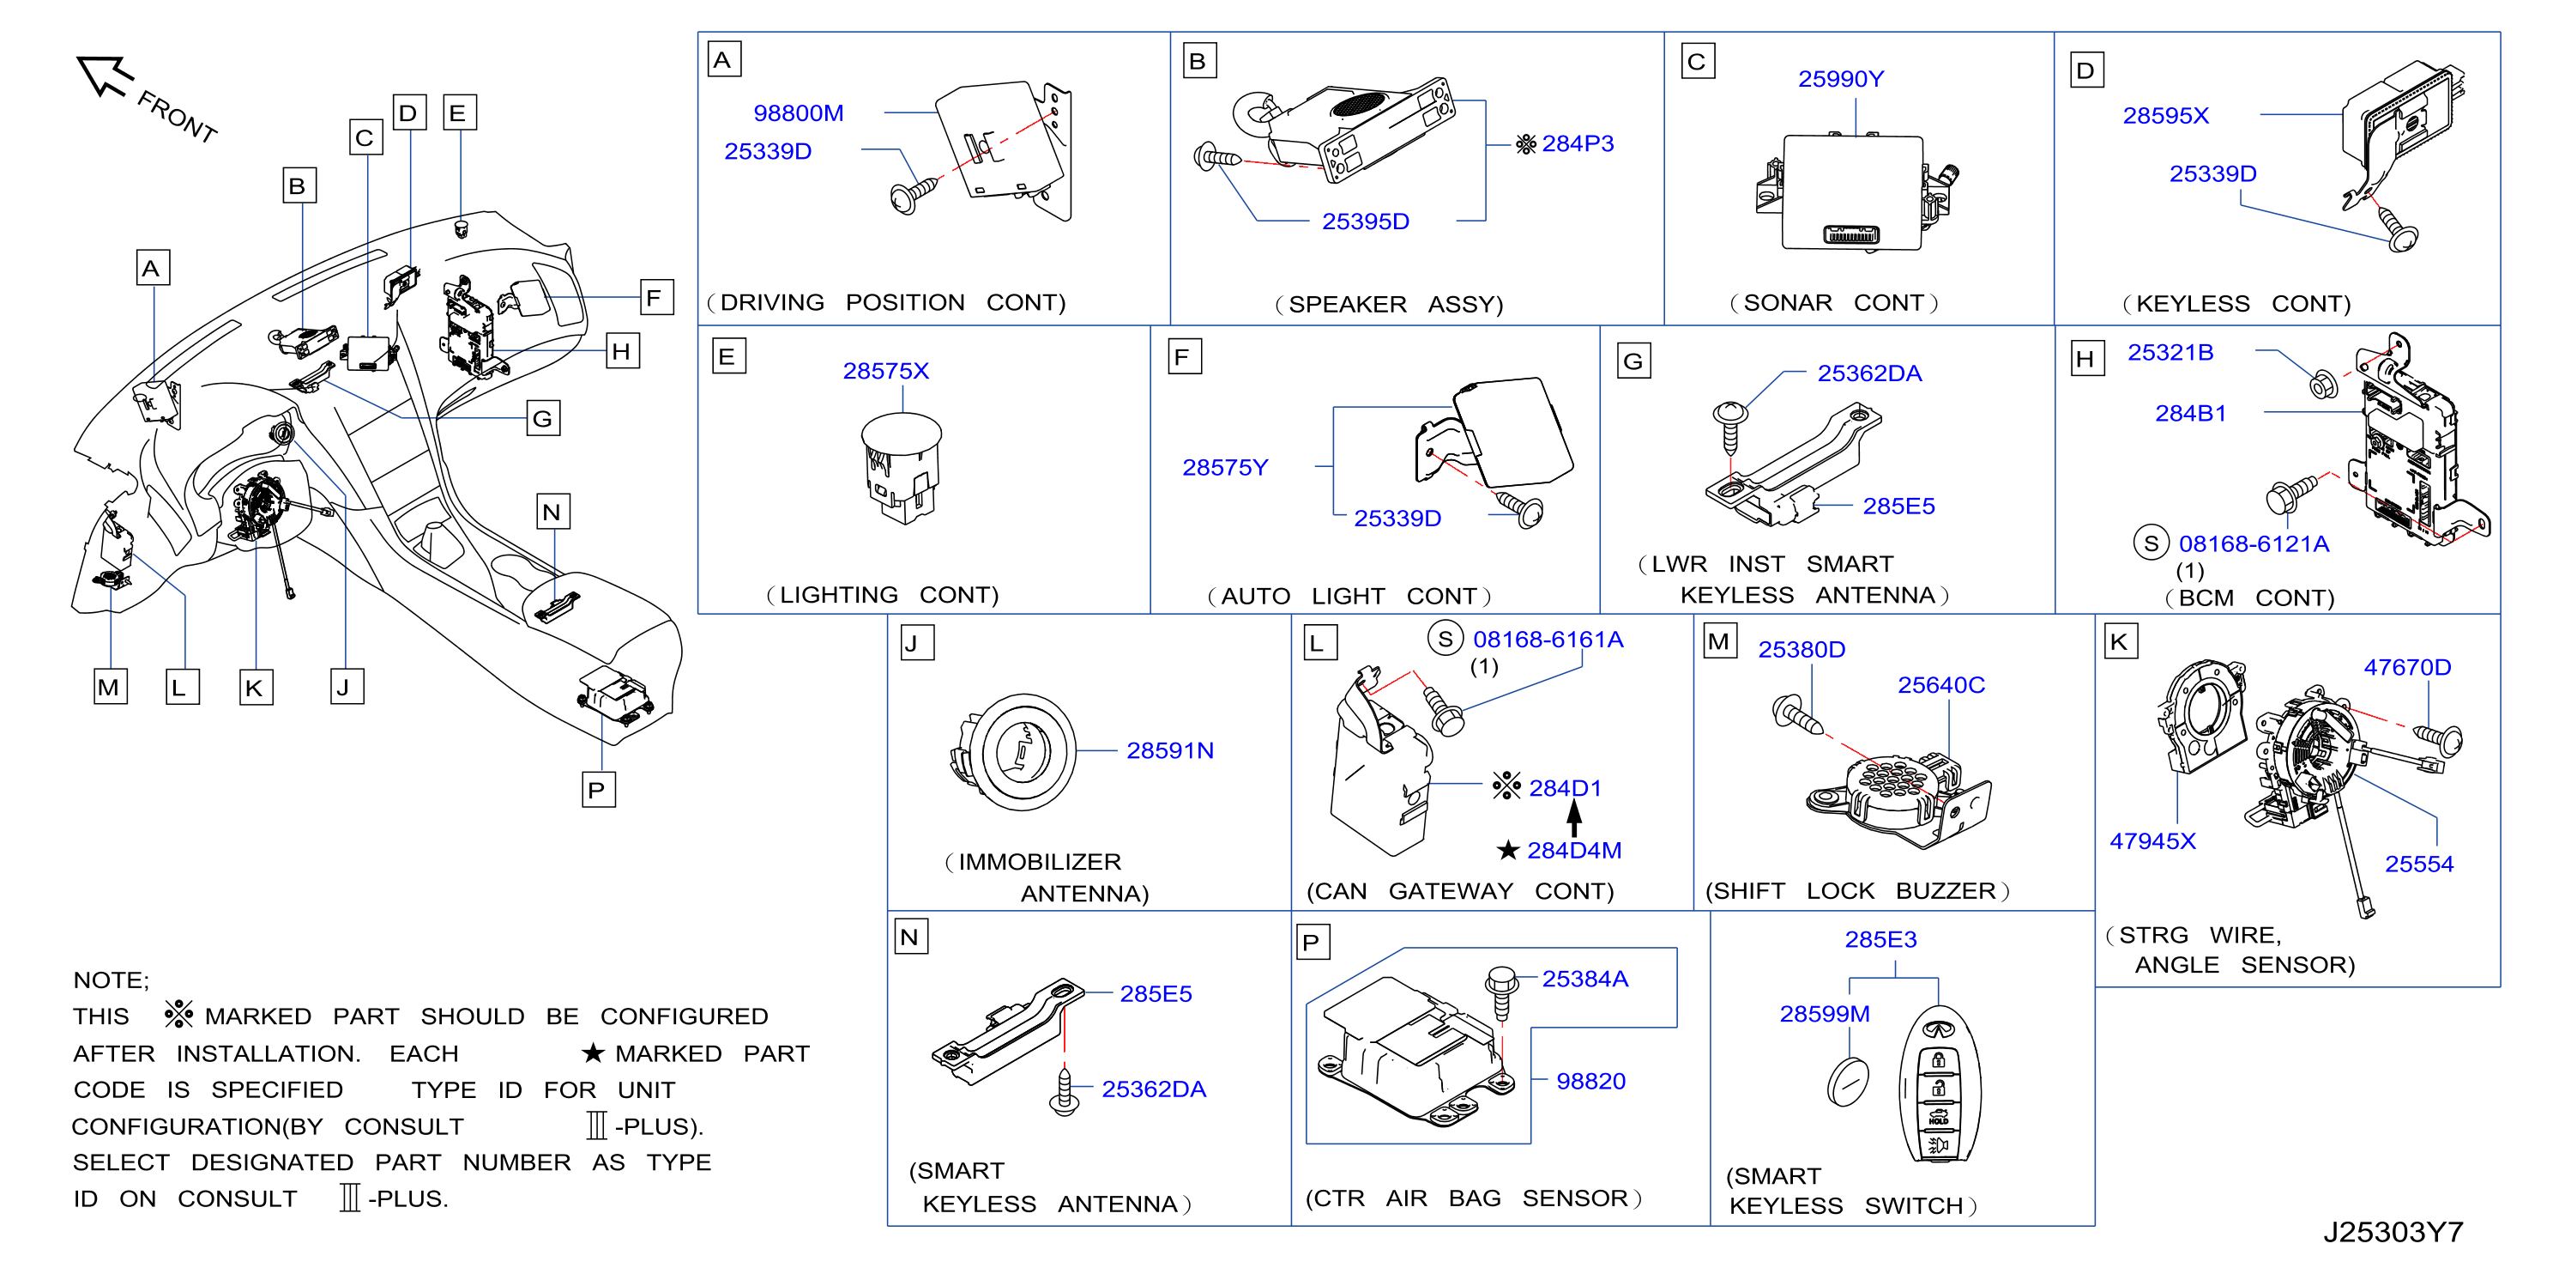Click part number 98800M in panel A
point(798,113)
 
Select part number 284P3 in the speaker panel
point(1578,143)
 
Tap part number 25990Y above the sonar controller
point(1840,79)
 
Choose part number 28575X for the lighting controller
point(885,371)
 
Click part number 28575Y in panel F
point(1225,467)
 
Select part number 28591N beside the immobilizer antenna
point(1170,750)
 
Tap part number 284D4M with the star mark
point(1573,850)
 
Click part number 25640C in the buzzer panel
point(1940,684)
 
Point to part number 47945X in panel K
point(2152,840)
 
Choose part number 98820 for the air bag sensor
point(1590,1081)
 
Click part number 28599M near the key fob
point(1824,1013)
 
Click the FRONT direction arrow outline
point(103,75)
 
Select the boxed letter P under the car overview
point(597,790)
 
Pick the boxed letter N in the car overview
point(552,512)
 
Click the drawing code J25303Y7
point(2393,1232)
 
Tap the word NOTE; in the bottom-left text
point(111,980)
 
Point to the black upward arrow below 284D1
point(1573,818)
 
